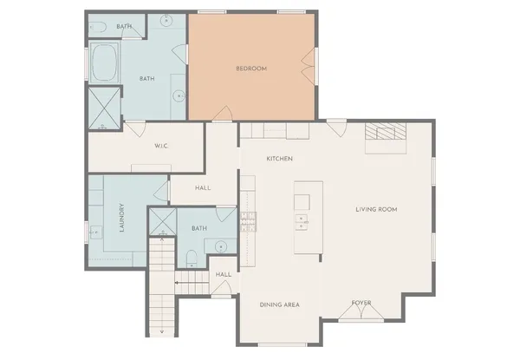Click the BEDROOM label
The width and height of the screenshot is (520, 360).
[x=251, y=68]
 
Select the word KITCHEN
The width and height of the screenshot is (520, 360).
[x=279, y=159]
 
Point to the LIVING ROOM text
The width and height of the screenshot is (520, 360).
[x=376, y=209]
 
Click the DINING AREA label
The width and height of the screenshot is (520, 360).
[x=280, y=304]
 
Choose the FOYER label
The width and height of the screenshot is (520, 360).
[x=361, y=303]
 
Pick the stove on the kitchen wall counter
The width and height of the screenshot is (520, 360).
[x=249, y=223]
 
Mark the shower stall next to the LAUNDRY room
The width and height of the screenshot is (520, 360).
[x=162, y=223]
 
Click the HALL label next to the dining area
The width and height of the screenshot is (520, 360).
[x=223, y=275]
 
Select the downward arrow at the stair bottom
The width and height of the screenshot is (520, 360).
[x=163, y=331]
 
